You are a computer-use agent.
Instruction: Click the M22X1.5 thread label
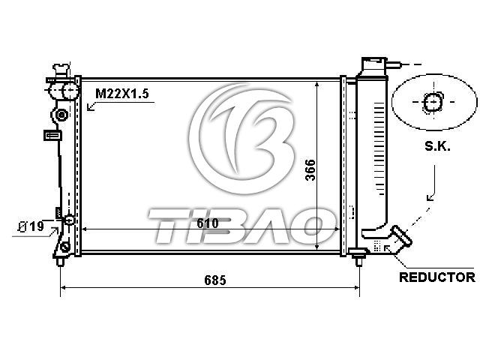(x=122, y=93)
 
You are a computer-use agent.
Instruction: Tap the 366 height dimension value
(x=310, y=170)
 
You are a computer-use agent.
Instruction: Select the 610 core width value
(x=208, y=223)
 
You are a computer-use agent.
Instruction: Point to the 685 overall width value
(x=215, y=280)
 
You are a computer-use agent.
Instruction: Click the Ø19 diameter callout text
(x=31, y=226)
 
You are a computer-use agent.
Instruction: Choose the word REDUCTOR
(x=437, y=277)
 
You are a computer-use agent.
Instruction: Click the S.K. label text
(x=437, y=147)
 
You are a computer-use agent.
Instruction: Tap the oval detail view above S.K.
(x=434, y=102)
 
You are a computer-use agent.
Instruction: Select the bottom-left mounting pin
(x=60, y=262)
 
